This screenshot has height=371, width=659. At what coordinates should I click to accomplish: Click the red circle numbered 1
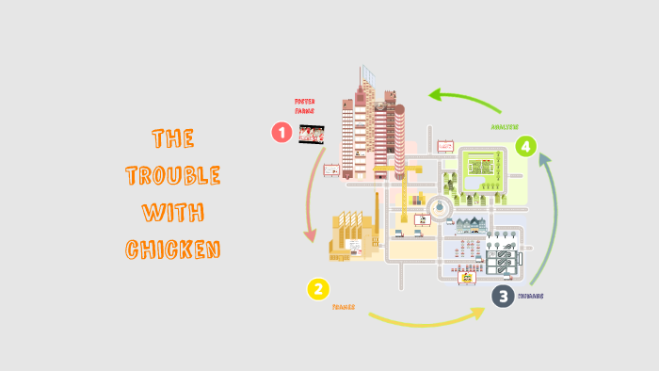[281, 132]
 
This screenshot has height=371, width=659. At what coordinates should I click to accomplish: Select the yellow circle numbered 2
[319, 290]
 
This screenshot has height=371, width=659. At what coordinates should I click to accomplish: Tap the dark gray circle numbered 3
[504, 296]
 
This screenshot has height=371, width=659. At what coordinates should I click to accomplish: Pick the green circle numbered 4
[526, 146]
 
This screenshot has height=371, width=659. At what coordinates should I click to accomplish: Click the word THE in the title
[173, 139]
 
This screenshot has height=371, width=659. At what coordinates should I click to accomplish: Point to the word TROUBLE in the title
[173, 176]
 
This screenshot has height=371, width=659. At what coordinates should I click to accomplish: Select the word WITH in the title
[173, 213]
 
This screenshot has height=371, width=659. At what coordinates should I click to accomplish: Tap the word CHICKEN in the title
[173, 250]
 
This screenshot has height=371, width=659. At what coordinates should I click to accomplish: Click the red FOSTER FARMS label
[305, 105]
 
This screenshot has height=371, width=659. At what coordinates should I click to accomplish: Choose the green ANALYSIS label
[505, 125]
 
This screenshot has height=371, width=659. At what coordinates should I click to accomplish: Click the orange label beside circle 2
[343, 307]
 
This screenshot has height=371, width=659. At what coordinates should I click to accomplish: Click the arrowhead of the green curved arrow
[434, 94]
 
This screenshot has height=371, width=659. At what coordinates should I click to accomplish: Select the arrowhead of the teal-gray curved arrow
[545, 162]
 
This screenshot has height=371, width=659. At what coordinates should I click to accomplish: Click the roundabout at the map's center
[440, 208]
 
